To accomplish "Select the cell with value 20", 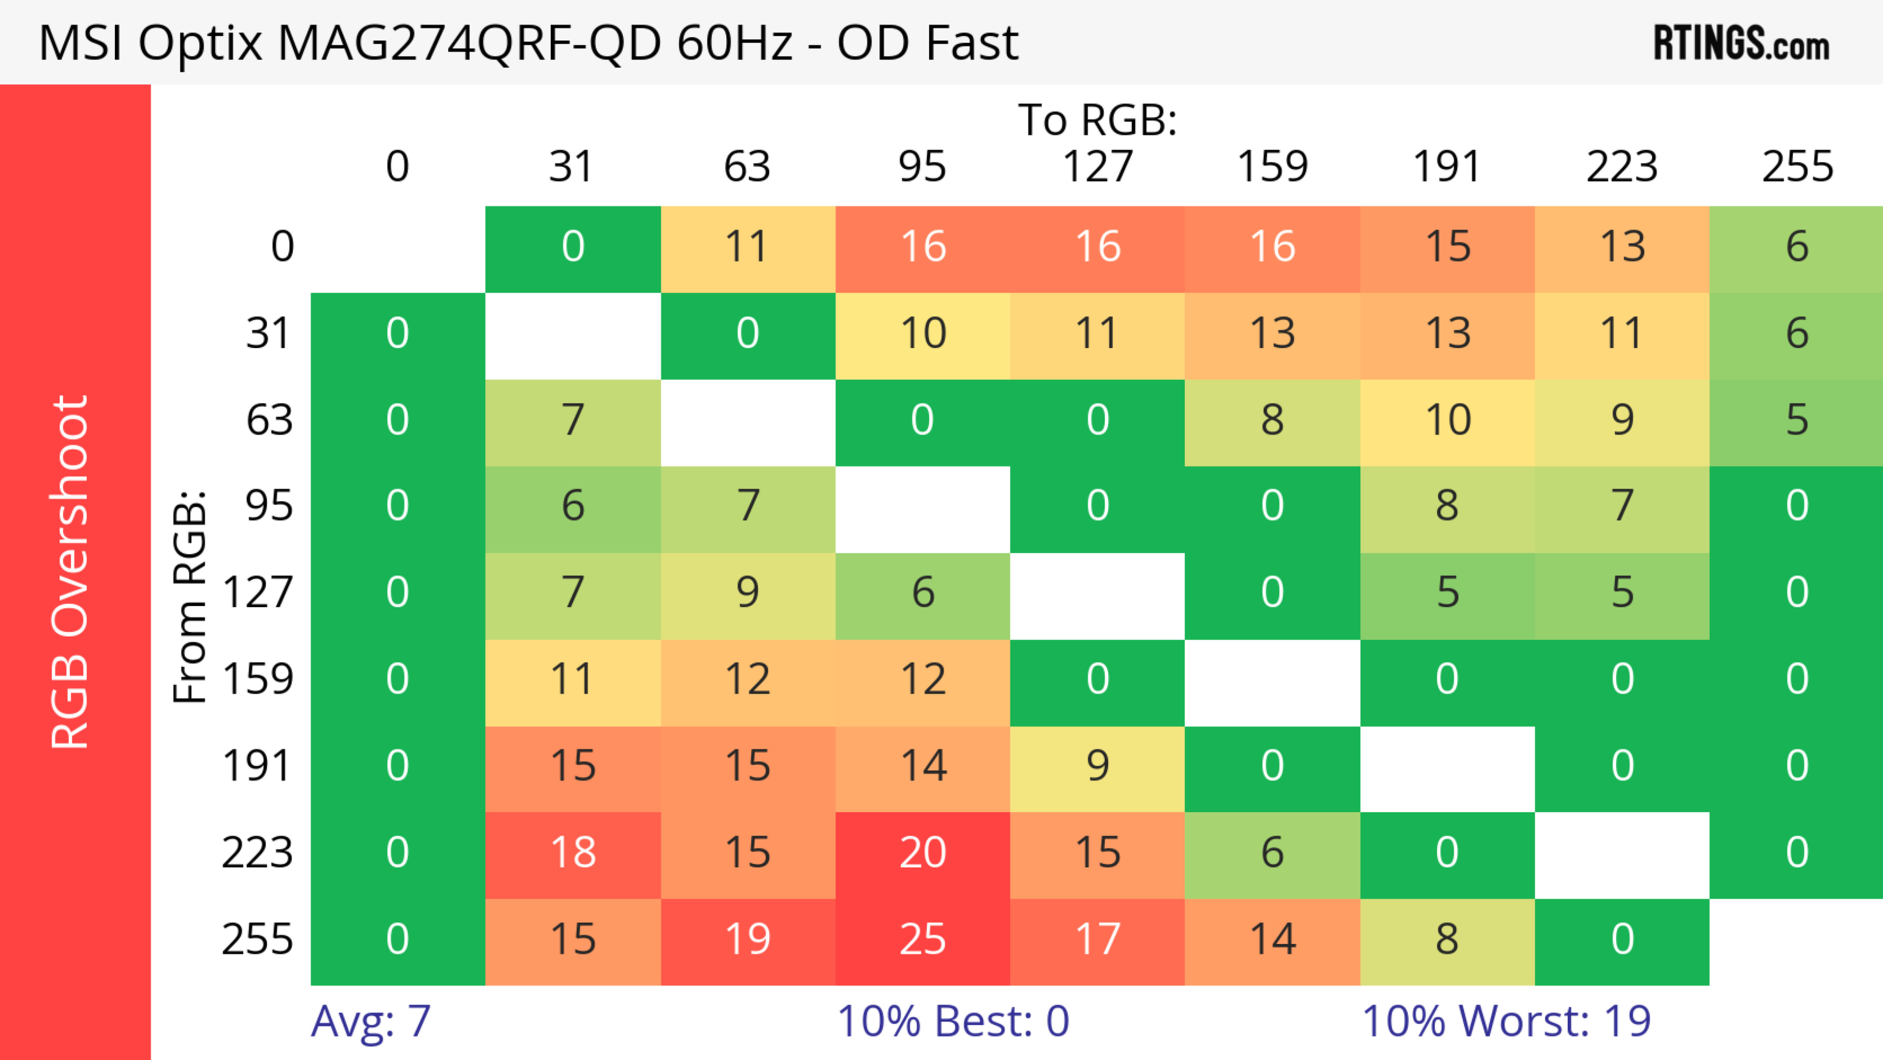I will (x=922, y=853).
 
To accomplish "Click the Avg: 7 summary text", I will (x=371, y=1021).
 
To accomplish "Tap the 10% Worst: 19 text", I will (x=1506, y=1021).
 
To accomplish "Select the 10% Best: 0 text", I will (x=952, y=1021).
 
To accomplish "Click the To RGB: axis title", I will (x=1097, y=120).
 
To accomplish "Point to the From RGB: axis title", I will (x=190, y=596).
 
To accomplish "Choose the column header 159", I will (x=1272, y=167).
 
